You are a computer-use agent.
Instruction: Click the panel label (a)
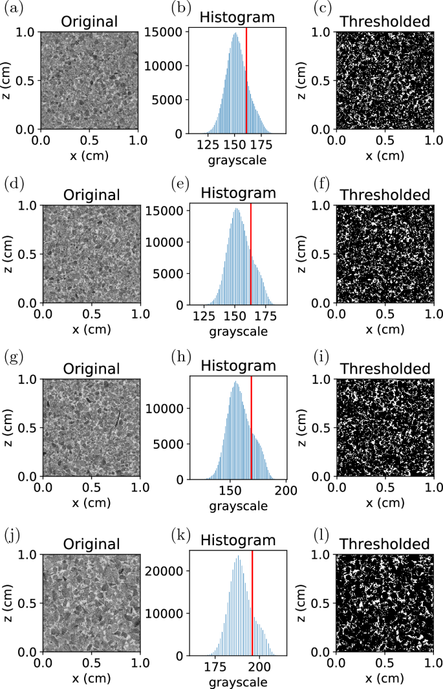tap(11, 9)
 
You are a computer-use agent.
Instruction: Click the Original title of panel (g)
tap(91, 368)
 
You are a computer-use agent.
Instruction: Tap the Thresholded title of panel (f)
tap(384, 194)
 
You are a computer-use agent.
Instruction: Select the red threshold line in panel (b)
tap(246, 78)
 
